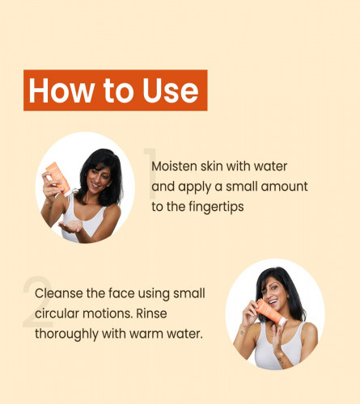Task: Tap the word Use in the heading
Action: point(171,90)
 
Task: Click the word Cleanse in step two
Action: point(59,293)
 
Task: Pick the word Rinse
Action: point(151,314)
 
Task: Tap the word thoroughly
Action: point(66,335)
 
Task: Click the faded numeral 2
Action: point(37,301)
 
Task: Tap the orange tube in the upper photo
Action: point(58,178)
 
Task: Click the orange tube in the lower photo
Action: point(270,312)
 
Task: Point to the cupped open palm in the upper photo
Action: point(70,226)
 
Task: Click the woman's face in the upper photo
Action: point(99,177)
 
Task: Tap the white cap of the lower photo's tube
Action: point(282,322)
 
